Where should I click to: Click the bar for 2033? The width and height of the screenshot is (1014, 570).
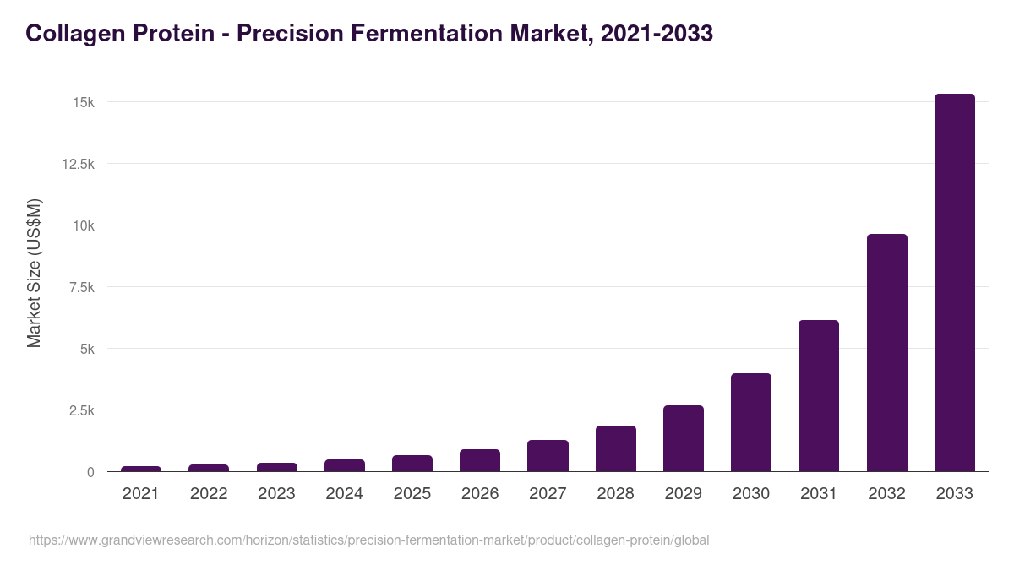tap(954, 283)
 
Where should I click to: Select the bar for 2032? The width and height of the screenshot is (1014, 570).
tap(886, 353)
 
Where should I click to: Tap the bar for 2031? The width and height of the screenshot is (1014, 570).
tap(819, 396)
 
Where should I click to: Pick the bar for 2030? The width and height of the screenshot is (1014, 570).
tap(751, 422)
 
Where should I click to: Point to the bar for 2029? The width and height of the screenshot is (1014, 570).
tap(683, 438)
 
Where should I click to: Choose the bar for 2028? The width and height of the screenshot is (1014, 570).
tap(615, 448)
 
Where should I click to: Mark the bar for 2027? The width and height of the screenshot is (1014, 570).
tap(548, 456)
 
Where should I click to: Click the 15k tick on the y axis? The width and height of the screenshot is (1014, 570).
tap(83, 102)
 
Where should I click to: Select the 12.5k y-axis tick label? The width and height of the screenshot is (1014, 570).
tap(77, 164)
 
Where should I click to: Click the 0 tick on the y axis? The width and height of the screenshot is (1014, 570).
tap(90, 472)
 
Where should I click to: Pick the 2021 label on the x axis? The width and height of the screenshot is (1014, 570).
tap(140, 494)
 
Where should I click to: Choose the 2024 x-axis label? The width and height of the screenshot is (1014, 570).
tap(344, 494)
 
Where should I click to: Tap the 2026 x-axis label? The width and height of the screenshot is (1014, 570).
tap(480, 494)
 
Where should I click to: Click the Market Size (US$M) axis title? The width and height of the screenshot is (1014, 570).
tap(34, 273)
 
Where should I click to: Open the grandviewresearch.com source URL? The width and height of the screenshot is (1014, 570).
tap(368, 540)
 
